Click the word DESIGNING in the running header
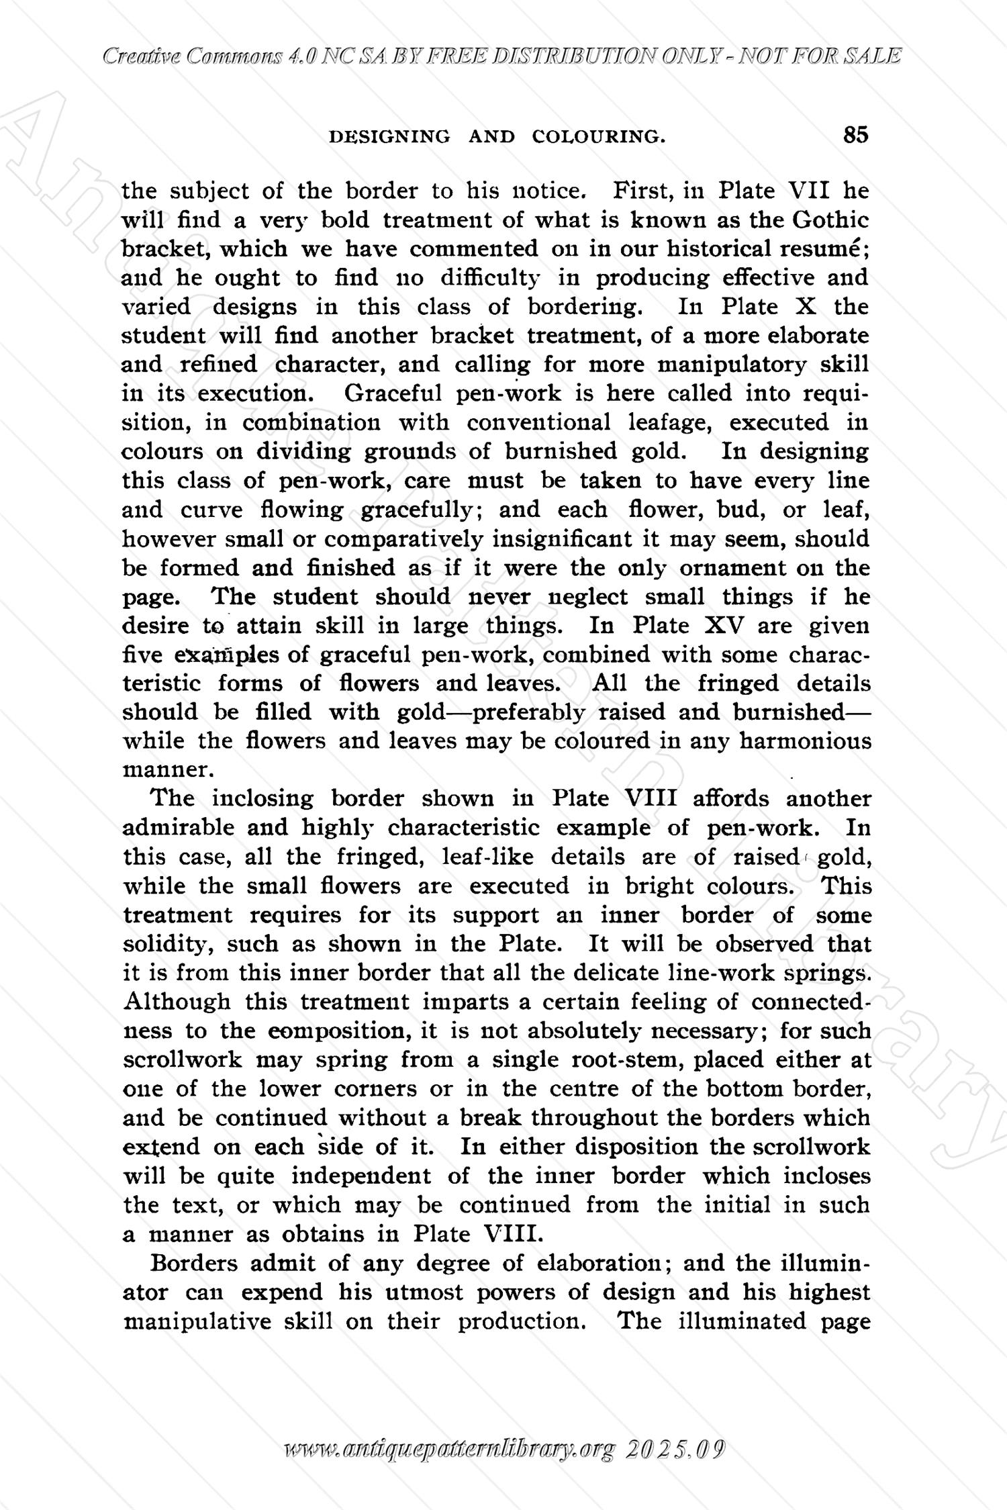click(x=389, y=137)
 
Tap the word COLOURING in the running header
click(x=598, y=137)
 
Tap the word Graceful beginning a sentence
click(x=392, y=393)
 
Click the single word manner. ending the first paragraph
click(x=156, y=769)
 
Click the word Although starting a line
click(x=177, y=1002)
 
